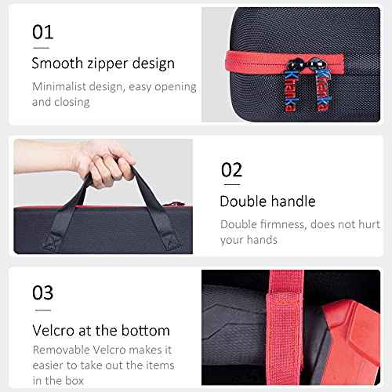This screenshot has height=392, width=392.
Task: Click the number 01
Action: pos(43,32)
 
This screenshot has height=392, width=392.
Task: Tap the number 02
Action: pos(232,169)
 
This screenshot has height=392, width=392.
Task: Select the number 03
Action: pos(43,292)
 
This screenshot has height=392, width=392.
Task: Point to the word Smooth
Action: pos(57,64)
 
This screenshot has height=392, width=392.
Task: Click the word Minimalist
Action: pos(59,86)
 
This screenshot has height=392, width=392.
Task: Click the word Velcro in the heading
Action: pos(53,331)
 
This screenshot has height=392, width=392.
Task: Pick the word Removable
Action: pos(61,350)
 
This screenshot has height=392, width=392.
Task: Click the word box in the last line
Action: pos(74,380)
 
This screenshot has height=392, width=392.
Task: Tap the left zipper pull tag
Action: pos(290,91)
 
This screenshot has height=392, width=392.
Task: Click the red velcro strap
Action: pos(285,327)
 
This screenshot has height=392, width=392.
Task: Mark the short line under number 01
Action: pos(42,48)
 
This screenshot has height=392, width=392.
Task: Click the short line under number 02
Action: pos(232,184)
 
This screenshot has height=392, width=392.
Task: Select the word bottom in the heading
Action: pos(146,331)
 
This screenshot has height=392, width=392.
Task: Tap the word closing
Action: pos(71,103)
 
